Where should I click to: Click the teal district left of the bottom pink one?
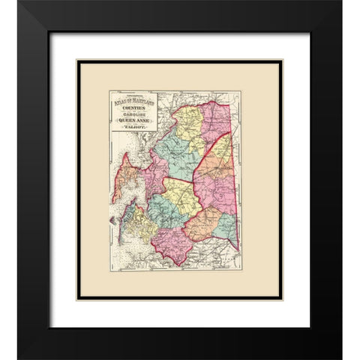coord(166,214)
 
